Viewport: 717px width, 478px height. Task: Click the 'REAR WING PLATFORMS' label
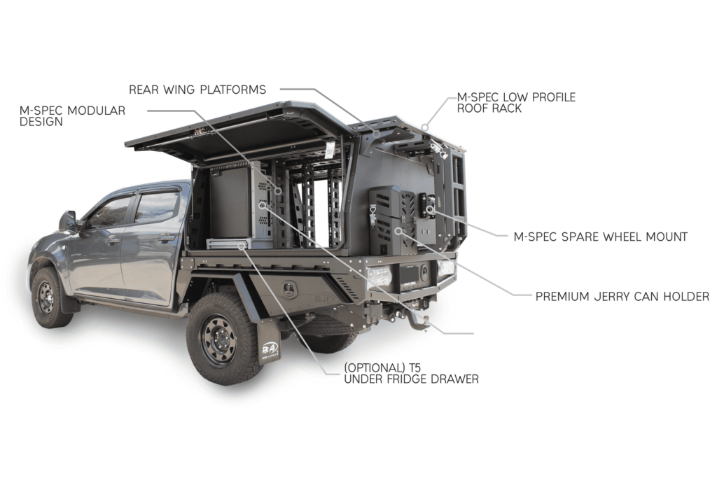[197, 90]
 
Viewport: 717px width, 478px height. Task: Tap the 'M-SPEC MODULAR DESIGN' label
[72, 116]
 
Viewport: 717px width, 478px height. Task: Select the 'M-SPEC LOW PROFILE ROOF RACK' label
[516, 102]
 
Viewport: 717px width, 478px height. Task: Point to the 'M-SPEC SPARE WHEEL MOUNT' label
[600, 237]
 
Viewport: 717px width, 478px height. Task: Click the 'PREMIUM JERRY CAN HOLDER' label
[622, 297]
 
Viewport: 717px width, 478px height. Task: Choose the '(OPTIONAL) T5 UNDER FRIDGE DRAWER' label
[411, 373]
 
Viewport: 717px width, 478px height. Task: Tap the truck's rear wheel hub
[221, 339]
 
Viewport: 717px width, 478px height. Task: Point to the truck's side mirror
[69, 221]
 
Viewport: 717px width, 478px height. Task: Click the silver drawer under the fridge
[229, 244]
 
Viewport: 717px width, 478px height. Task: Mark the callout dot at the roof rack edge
[425, 127]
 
